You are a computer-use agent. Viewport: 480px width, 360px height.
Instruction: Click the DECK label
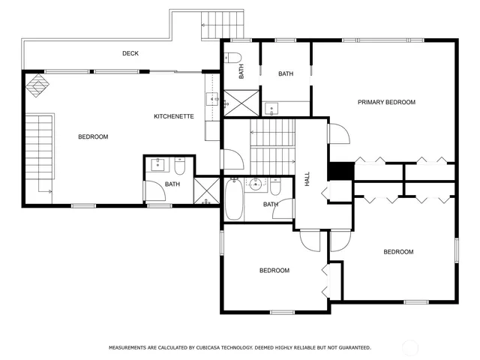coord(130,53)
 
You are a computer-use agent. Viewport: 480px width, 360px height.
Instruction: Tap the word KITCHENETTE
coord(174,116)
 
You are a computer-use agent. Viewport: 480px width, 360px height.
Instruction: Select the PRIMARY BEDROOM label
coord(386,102)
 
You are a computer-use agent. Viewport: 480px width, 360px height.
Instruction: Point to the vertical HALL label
coord(307,179)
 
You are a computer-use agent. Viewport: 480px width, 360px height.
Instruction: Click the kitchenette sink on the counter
coord(211,98)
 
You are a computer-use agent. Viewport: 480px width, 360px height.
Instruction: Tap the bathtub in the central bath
coord(233,199)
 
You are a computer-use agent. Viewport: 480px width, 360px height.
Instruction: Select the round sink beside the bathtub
coord(256,184)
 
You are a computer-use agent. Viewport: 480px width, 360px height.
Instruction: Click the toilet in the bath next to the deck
coord(232,58)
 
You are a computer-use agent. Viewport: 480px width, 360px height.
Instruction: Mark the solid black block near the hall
coord(342,171)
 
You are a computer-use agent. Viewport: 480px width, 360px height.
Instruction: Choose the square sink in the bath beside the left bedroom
coord(159,164)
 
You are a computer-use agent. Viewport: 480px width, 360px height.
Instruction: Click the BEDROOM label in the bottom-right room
coord(398,252)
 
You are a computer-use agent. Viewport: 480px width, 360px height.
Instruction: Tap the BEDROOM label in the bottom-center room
coord(274,271)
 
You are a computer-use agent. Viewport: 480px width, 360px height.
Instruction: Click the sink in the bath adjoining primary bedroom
coord(271,107)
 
